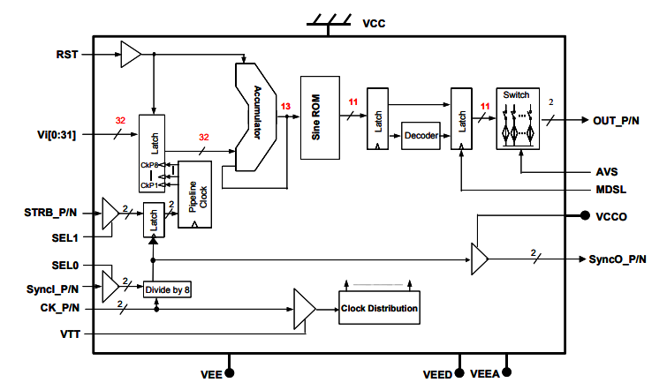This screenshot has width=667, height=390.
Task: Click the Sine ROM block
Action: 321,116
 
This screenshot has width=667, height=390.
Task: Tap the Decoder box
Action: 421,136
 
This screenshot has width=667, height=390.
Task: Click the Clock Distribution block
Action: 379,308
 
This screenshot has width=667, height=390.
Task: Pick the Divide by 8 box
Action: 168,289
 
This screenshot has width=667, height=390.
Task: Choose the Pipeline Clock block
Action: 194,194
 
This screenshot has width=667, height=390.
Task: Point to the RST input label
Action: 66,54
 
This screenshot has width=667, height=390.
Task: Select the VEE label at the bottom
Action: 212,374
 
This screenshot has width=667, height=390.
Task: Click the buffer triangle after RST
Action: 130,55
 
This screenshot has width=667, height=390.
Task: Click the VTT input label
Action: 67,334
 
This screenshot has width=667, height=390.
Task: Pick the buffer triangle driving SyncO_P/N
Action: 479,259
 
